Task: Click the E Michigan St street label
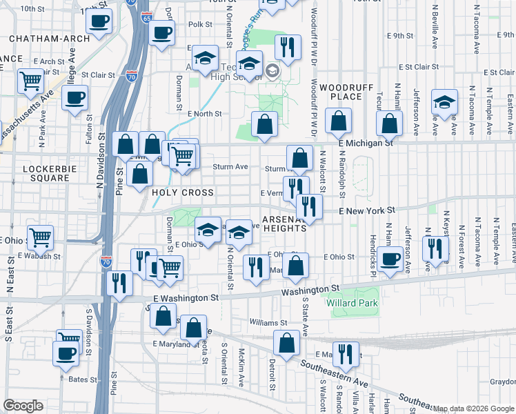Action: coord(366,143)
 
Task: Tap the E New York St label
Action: coord(366,210)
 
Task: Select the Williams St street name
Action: coord(268,322)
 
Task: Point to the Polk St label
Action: coord(200,24)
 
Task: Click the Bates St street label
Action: coord(82,379)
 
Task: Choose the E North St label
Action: coord(204,114)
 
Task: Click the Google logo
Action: coord(23,406)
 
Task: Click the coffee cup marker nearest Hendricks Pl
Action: coord(390,259)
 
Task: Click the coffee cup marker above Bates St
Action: coord(66,353)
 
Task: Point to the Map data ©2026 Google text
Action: coord(473,408)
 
